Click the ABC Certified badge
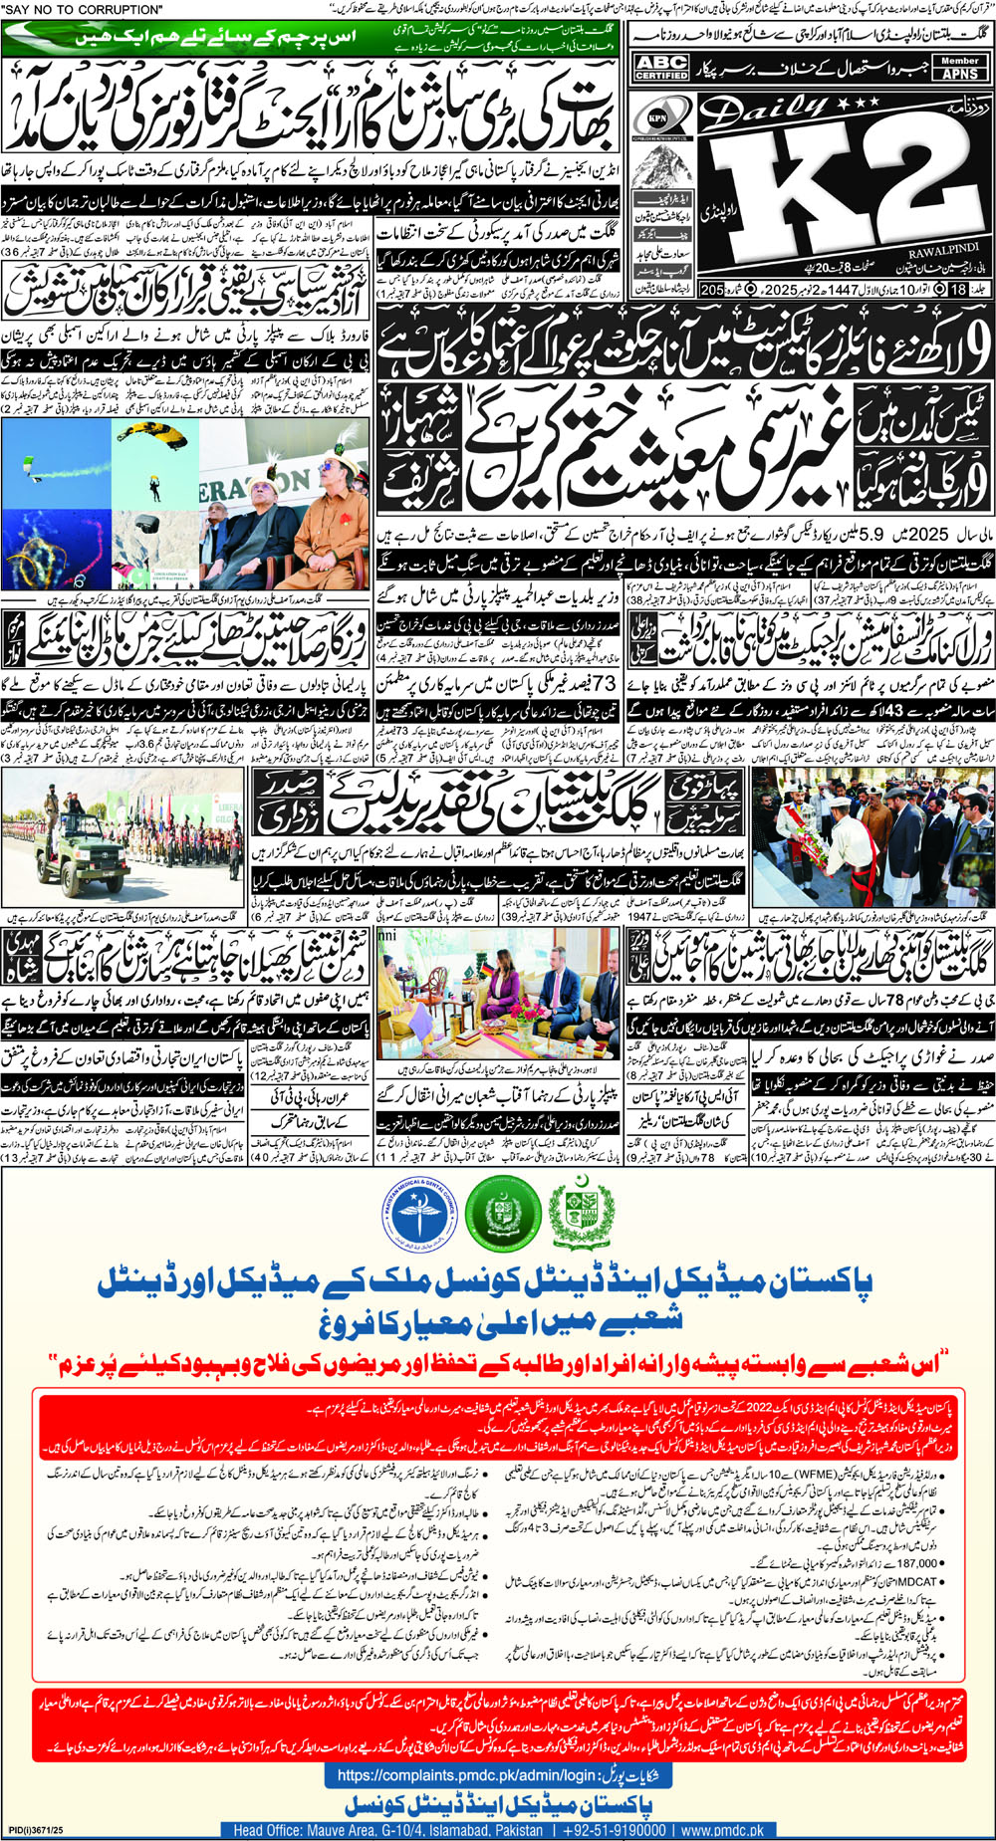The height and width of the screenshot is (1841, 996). (661, 68)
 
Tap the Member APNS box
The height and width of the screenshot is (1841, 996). (960, 68)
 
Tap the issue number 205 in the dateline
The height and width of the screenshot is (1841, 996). (711, 290)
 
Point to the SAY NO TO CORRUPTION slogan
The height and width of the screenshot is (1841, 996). (83, 10)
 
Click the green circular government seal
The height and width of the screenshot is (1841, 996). (502, 1214)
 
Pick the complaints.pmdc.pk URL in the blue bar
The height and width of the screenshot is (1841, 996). (464, 1775)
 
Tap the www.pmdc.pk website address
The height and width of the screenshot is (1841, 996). (722, 1830)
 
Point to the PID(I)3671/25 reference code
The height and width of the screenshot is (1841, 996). (36, 1830)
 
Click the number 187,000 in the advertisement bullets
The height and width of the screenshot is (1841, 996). (917, 1563)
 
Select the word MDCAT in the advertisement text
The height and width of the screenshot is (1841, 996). (921, 1581)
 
